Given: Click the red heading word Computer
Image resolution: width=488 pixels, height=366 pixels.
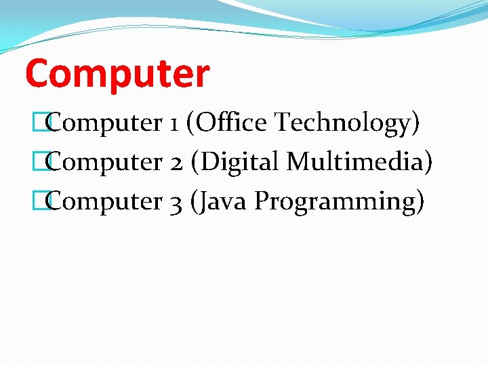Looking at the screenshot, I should coord(117,74).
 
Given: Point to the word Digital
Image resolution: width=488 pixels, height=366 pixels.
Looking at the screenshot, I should coord(240,162).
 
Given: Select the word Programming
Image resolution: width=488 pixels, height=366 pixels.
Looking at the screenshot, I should coord(335,201).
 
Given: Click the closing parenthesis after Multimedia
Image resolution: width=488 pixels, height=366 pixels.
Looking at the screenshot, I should coord(427,162).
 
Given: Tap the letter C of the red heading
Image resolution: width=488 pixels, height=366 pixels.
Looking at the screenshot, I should coord(37,74).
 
